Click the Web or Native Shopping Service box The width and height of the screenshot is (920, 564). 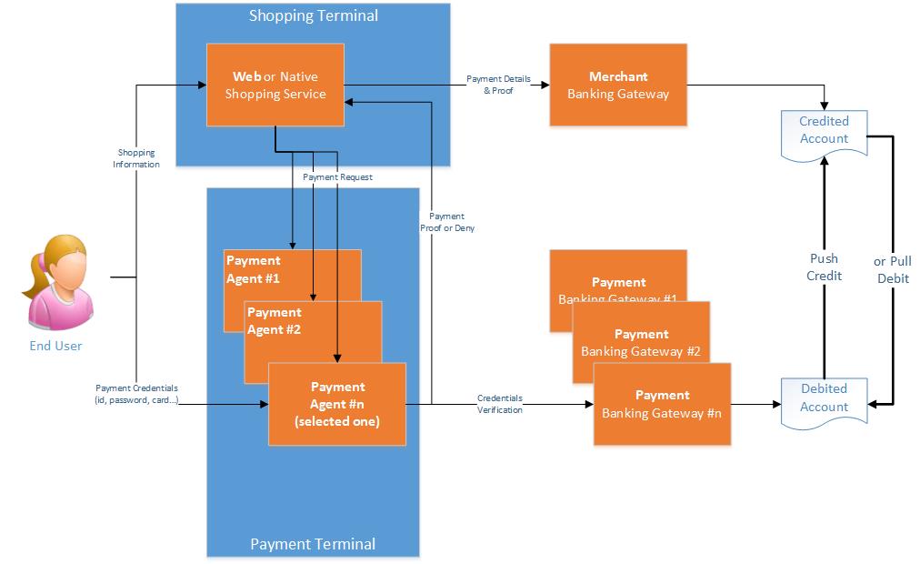pos(275,86)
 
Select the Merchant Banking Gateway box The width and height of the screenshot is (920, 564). pos(617,85)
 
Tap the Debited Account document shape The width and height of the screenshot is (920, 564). pos(824,399)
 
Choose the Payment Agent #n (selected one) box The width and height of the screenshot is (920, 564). pos(336,404)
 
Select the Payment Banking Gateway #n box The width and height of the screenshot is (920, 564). pos(662,404)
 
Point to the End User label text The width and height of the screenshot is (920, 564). pos(55,346)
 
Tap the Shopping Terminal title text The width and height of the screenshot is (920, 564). pos(314,15)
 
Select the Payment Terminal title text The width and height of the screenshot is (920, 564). pos(313,545)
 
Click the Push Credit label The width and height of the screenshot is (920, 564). pos(825,267)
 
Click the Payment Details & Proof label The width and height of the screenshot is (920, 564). pos(498,85)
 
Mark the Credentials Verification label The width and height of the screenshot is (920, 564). pos(500,404)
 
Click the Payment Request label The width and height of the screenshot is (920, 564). pos(337,176)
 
